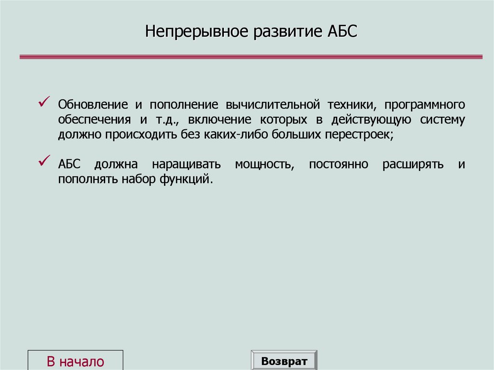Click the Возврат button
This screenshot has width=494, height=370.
[284, 361]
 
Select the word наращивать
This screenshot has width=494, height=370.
[186, 164]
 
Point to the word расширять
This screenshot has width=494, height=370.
[413, 164]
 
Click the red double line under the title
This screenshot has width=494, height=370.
[251, 56]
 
